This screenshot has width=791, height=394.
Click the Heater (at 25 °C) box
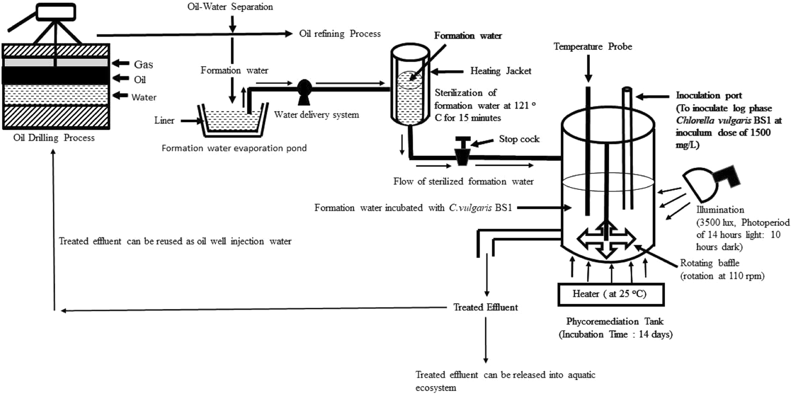(x=611, y=294)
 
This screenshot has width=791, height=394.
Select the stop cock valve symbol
(x=463, y=151)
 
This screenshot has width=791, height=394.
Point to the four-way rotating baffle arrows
(x=607, y=238)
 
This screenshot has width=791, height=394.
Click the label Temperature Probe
(x=592, y=47)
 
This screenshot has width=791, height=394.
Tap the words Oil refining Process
(x=339, y=34)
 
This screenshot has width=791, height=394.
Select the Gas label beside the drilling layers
(x=143, y=64)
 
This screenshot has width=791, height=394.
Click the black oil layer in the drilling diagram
(x=55, y=75)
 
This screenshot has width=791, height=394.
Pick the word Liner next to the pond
(x=164, y=120)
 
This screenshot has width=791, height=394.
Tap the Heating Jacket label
(x=501, y=71)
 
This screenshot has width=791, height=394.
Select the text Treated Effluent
(x=486, y=308)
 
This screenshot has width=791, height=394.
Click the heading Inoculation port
(x=709, y=95)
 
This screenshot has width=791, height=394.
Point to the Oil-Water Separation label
(x=230, y=7)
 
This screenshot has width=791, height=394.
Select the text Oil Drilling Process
(x=54, y=138)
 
